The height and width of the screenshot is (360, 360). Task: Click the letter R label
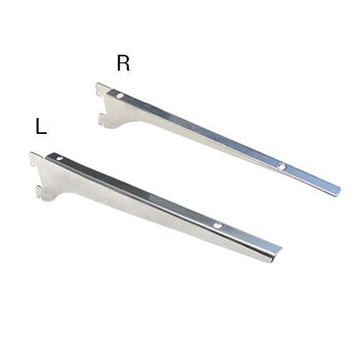[x=123, y=63]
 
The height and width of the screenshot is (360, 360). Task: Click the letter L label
[x=41, y=127]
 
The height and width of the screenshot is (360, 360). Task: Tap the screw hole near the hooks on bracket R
[x=120, y=96]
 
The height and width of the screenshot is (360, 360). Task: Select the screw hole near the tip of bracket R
[x=282, y=166]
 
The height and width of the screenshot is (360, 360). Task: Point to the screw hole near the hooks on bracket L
[x=59, y=158]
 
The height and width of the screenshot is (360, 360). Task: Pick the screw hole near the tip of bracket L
[x=217, y=225]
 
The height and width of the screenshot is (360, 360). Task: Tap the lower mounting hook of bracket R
[x=103, y=120]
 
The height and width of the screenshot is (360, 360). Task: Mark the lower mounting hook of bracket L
[x=41, y=192]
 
